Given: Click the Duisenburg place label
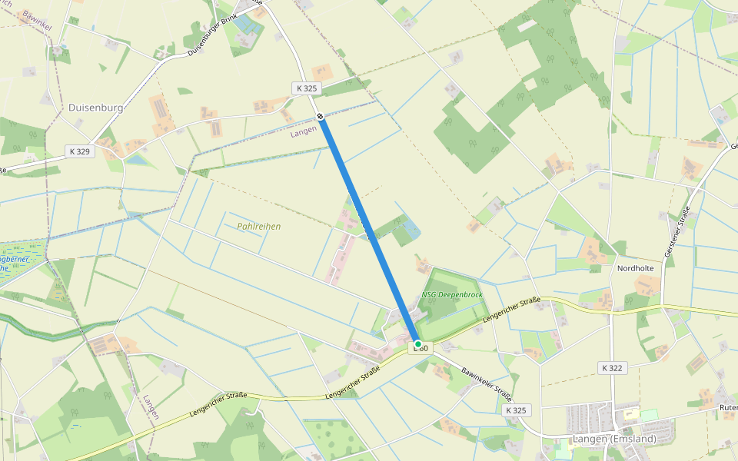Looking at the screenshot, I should pos(96,108).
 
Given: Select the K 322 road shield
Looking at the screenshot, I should pos(612,368).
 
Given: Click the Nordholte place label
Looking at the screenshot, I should pos(635,268).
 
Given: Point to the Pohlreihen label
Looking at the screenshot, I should pos(259,227).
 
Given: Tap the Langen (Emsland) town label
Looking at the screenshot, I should pos(614,439).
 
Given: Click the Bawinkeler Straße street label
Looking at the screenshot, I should pos(487,384).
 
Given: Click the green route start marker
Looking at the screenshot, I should pos(417,343).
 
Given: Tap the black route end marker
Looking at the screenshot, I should pos(320,116).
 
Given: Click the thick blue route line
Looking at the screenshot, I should pos(369,230).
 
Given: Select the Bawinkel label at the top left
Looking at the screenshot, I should pos(36,20).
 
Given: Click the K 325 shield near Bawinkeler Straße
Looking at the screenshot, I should pos(517,410).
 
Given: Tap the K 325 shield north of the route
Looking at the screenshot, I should pos(305,88).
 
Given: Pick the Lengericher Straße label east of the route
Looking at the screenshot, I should pos(512,309).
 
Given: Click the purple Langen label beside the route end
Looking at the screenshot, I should pos(304,131).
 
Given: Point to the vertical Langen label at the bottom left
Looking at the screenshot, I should pos(150,407).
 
